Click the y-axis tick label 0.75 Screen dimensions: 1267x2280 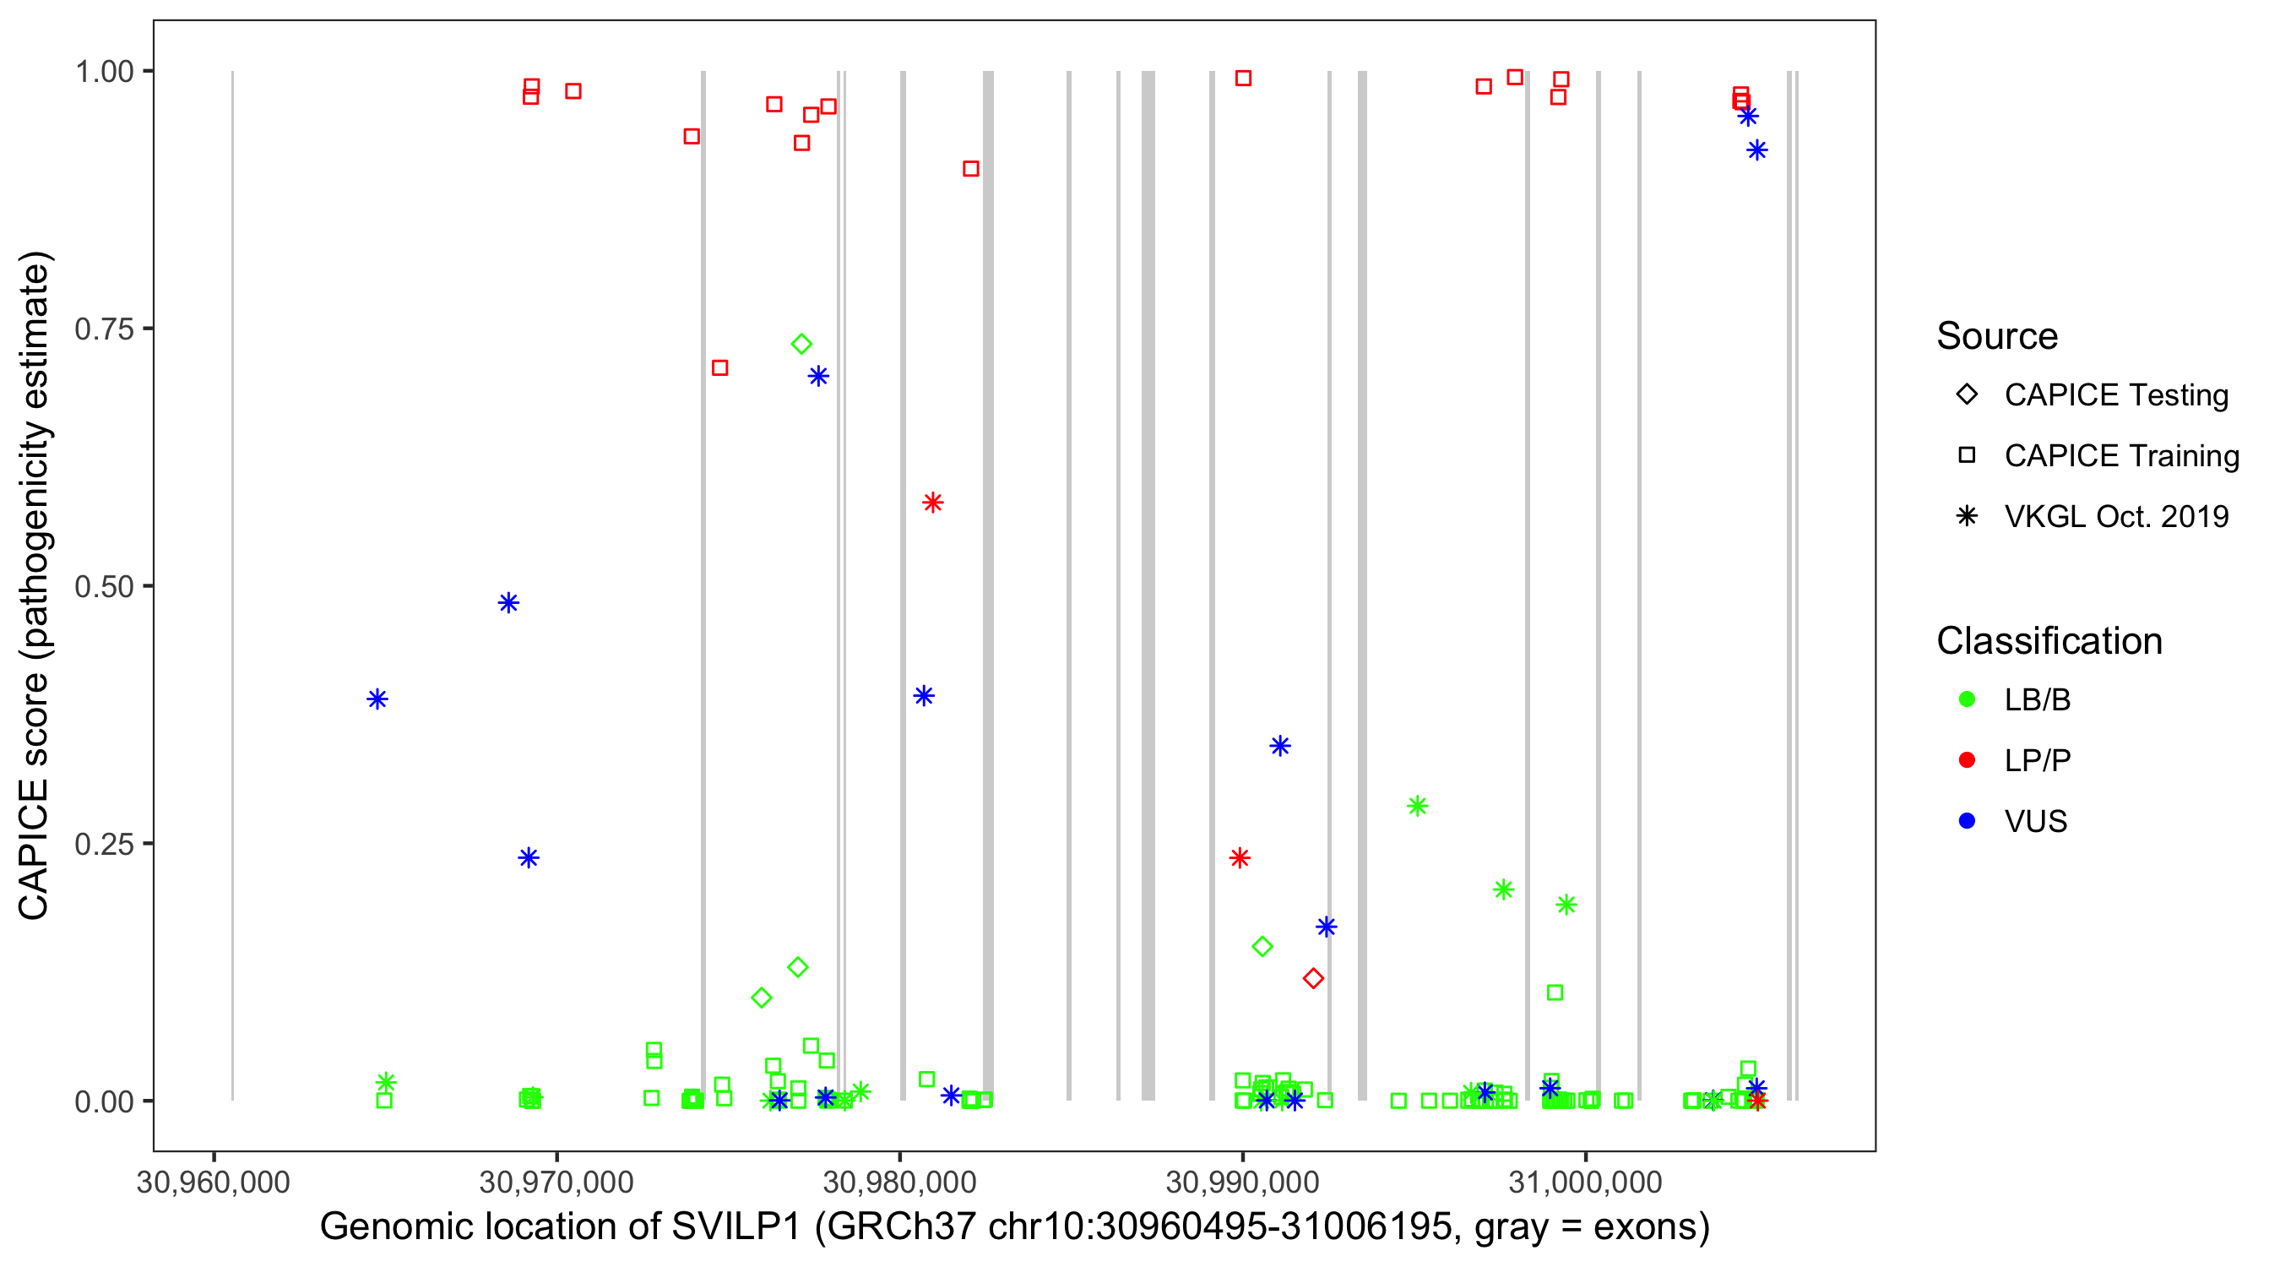pos(104,329)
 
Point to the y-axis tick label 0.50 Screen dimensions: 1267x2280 pos(104,587)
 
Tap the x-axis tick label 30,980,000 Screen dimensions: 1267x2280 pos(899,1183)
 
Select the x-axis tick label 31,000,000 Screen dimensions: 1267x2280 pos(1585,1183)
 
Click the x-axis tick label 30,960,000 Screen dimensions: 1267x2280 pos(214,1183)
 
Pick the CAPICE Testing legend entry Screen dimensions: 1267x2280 pos(2115,395)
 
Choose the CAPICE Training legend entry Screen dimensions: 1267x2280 pos(2120,456)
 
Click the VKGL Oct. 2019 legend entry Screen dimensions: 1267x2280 pos(2115,517)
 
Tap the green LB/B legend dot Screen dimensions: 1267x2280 pos(1967,700)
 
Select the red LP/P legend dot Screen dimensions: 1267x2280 pos(1967,760)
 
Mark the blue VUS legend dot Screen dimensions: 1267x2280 pos(1967,822)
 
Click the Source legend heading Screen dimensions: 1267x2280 pos(1997,336)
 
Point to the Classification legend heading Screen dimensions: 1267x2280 pos(2049,641)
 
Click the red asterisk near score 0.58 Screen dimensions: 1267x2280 pos(932,503)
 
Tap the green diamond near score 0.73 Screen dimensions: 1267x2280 pos(801,345)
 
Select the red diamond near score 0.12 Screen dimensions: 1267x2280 pos(1313,978)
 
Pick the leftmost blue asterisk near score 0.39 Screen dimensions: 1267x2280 pos(377,699)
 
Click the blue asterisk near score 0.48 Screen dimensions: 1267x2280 pos(508,603)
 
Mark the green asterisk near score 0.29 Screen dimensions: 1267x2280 pos(1417,807)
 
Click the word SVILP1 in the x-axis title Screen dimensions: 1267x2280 pos(736,1227)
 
